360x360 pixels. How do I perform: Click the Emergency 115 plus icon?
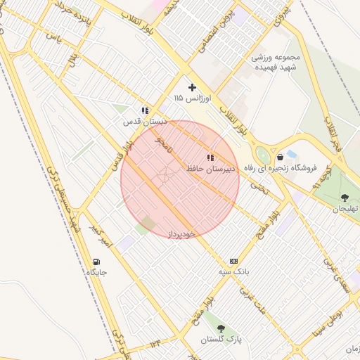tap(193, 88)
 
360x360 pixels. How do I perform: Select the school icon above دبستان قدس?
tap(145, 110)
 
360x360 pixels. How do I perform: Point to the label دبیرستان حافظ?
tap(211, 169)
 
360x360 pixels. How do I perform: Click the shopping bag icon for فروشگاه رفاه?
tap(281, 157)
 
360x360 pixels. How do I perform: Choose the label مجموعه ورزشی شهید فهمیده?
tap(276, 62)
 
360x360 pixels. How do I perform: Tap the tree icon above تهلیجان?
tap(345, 198)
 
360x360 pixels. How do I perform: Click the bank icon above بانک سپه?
tap(233, 260)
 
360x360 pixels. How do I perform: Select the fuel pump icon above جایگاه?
tap(96, 262)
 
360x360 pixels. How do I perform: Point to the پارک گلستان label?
tap(221, 340)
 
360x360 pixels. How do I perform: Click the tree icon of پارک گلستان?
tap(221, 328)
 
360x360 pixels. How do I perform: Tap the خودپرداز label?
tap(181, 233)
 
